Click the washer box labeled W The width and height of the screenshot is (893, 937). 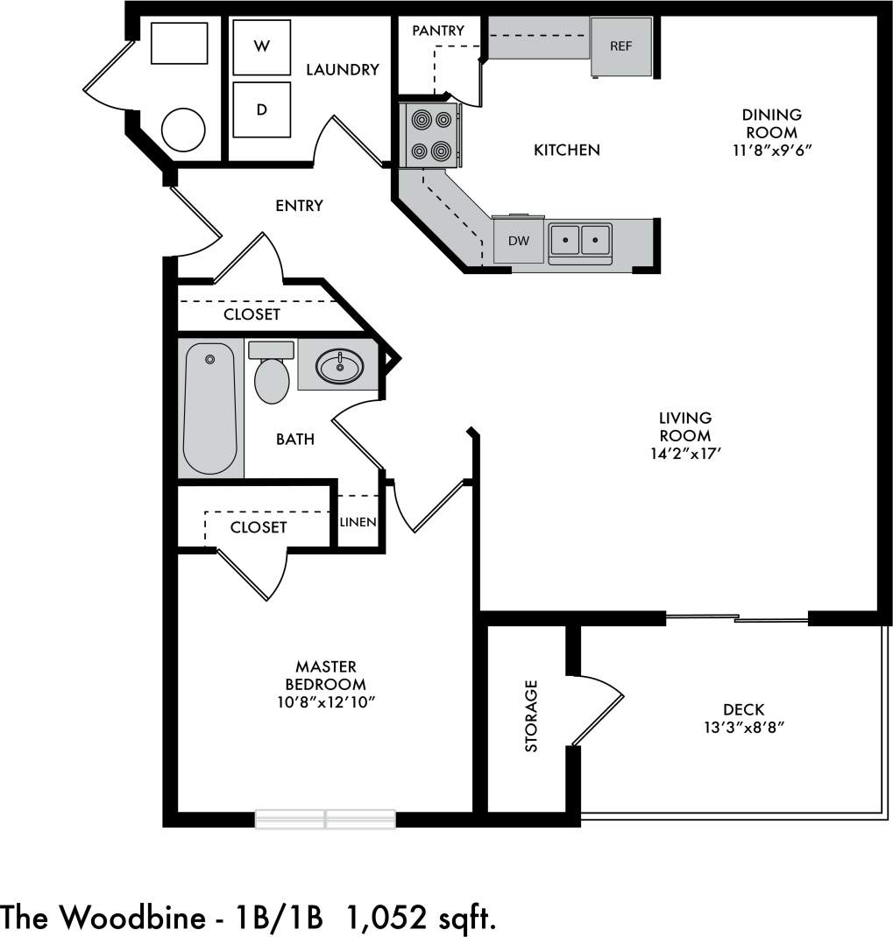(x=262, y=47)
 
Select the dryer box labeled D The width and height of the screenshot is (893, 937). (x=262, y=109)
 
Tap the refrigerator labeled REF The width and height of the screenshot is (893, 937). (x=620, y=46)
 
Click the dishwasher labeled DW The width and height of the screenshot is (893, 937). (x=519, y=241)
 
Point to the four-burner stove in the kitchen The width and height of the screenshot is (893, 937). (x=431, y=135)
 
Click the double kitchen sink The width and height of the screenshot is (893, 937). (x=580, y=238)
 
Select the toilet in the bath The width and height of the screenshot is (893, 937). (x=272, y=377)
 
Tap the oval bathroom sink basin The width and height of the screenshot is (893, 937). (x=340, y=365)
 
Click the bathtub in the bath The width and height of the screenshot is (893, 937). (x=209, y=408)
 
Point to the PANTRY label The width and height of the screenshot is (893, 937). (x=437, y=31)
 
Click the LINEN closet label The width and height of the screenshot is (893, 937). (x=358, y=522)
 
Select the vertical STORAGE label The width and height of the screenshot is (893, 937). (x=531, y=715)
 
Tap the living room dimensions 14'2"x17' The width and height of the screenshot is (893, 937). (x=685, y=454)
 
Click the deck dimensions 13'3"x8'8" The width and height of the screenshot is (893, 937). (x=743, y=727)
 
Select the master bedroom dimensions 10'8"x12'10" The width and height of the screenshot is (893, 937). (x=326, y=701)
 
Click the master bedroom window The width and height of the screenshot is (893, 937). (x=325, y=820)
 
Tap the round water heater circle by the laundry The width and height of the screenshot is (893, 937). (x=183, y=130)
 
